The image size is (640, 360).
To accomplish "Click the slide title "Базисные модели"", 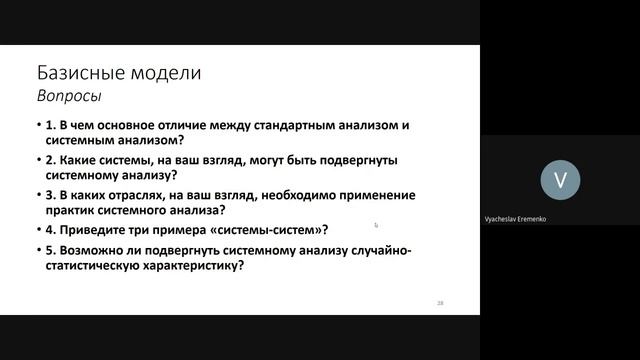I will click(x=118, y=73).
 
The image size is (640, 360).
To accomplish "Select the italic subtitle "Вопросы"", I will click(x=68, y=98).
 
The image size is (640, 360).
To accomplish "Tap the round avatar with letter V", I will click(x=560, y=179).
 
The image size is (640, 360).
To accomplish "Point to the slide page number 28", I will click(x=440, y=301).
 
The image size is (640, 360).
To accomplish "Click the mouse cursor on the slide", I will click(x=377, y=226).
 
